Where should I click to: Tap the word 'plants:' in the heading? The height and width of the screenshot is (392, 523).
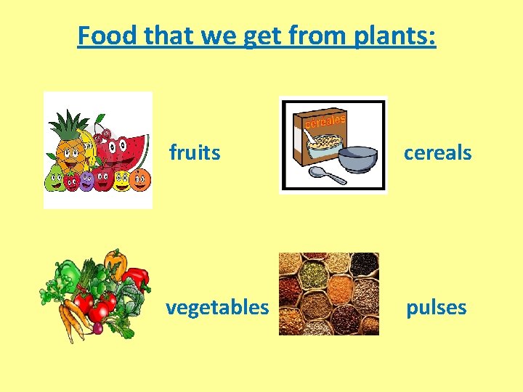(x=395, y=35)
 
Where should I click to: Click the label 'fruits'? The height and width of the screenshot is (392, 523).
(x=195, y=152)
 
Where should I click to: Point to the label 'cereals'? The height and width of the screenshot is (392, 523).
(x=437, y=152)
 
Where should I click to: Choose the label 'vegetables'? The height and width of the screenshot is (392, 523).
(x=217, y=307)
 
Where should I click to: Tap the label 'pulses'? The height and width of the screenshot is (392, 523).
(x=436, y=307)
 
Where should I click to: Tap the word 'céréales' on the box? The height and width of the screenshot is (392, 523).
(x=325, y=121)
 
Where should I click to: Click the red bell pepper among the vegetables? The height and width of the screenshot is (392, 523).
(x=137, y=277)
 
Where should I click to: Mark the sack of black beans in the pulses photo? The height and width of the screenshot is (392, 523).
(x=363, y=264)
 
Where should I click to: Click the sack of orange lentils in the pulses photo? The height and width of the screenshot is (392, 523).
(x=337, y=290)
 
